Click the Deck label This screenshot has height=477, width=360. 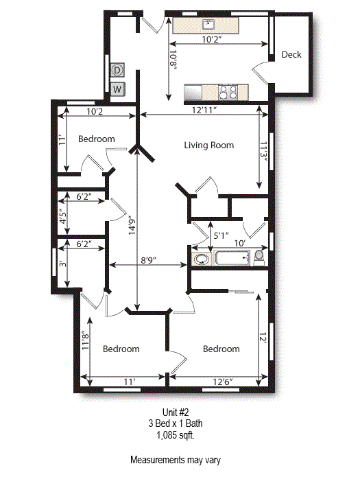(x=291, y=55)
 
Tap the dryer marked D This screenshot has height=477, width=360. (x=117, y=70)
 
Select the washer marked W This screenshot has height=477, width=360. (x=117, y=89)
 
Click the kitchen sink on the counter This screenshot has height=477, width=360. (x=209, y=25)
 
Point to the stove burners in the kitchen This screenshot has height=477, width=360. (x=227, y=91)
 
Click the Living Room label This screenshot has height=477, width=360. (x=209, y=146)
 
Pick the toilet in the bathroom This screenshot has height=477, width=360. (x=259, y=257)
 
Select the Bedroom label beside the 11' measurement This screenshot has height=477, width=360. (x=96, y=139)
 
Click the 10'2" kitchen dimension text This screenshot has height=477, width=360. (x=212, y=40)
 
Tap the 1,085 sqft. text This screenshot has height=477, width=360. (x=176, y=434)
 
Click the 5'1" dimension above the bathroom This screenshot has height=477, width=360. (x=221, y=235)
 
